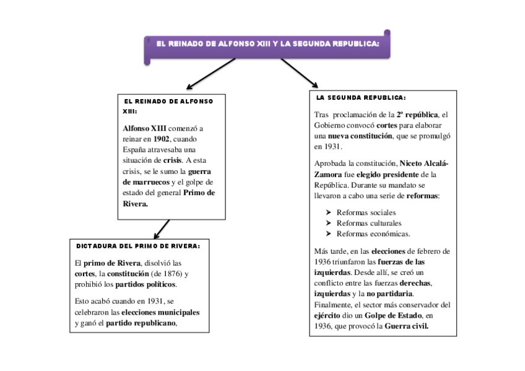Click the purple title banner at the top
(x=267, y=45)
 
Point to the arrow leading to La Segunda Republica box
(x=300, y=73)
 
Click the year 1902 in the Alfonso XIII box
(x=162, y=139)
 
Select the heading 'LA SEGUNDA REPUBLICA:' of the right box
(x=360, y=98)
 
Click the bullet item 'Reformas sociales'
(x=366, y=212)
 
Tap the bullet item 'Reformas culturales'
(x=368, y=223)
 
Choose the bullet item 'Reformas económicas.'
(x=373, y=234)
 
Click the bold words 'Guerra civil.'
(x=406, y=326)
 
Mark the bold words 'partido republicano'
(x=141, y=323)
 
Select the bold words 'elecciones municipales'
(x=160, y=312)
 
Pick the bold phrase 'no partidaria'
(x=389, y=294)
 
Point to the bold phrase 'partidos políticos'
(x=145, y=284)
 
